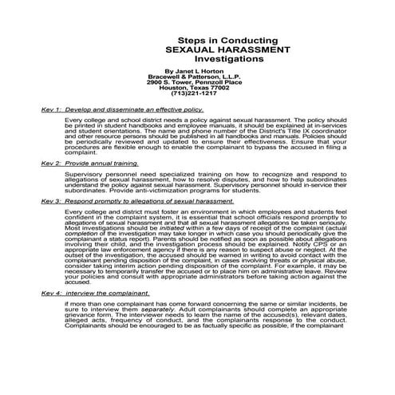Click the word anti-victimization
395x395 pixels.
(144, 190)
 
